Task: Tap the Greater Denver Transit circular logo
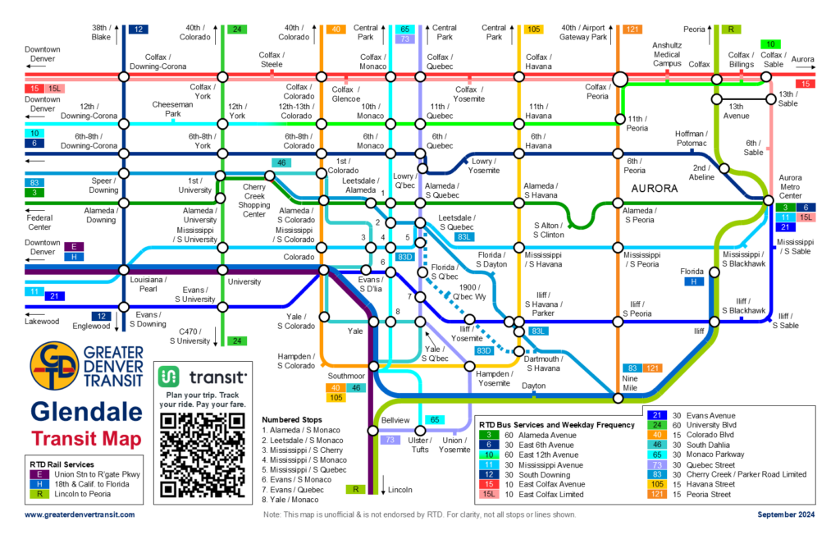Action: tap(54, 368)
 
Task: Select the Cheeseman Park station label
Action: tap(171, 110)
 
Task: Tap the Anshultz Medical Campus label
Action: tap(667, 53)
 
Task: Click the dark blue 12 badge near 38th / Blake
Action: tap(138, 30)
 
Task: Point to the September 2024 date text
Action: tap(785, 514)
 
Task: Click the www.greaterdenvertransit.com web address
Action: tap(80, 514)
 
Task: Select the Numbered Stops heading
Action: tap(293, 418)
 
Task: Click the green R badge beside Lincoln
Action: tap(355, 490)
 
